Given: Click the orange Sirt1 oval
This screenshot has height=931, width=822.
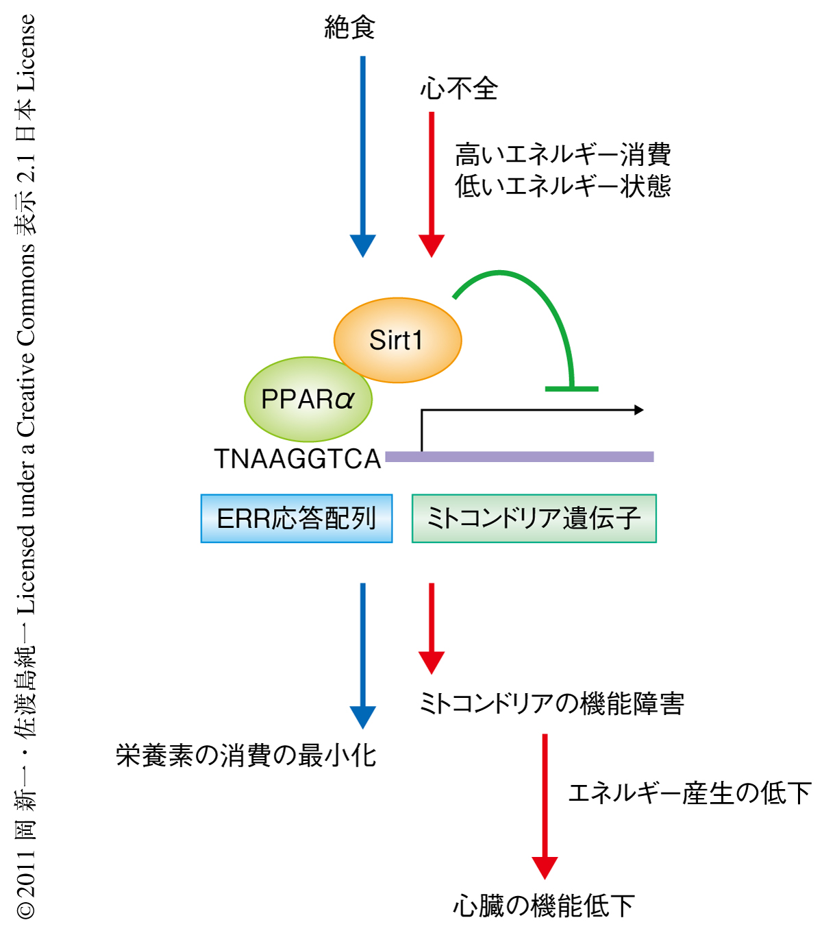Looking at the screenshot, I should tap(397, 340).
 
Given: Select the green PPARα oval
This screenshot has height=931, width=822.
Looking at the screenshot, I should tap(308, 399).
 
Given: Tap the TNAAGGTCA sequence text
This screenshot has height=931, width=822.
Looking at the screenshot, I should tap(297, 459).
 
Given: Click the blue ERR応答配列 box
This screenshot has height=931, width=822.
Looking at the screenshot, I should tap(296, 518).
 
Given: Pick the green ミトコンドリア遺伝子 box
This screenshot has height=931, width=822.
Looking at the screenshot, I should tap(534, 518).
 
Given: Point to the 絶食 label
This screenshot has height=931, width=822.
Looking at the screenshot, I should tap(349, 28).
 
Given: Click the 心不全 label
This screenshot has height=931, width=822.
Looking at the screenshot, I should tap(459, 88).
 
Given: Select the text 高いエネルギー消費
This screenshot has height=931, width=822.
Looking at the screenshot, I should tap(562, 154).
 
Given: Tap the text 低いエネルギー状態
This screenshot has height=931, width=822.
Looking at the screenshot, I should tap(562, 186).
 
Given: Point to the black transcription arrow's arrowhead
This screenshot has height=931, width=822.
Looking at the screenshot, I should tap(639, 410).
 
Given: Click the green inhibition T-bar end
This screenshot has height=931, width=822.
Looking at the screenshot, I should tap(571, 389).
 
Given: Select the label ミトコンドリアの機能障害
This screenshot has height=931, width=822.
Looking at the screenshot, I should tap(551, 703).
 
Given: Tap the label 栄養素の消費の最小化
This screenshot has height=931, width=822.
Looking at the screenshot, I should tap(246, 755).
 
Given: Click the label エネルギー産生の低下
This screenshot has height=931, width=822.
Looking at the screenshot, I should tap(689, 793).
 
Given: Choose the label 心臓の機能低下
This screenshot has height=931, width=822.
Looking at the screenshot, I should tap(544, 906).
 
